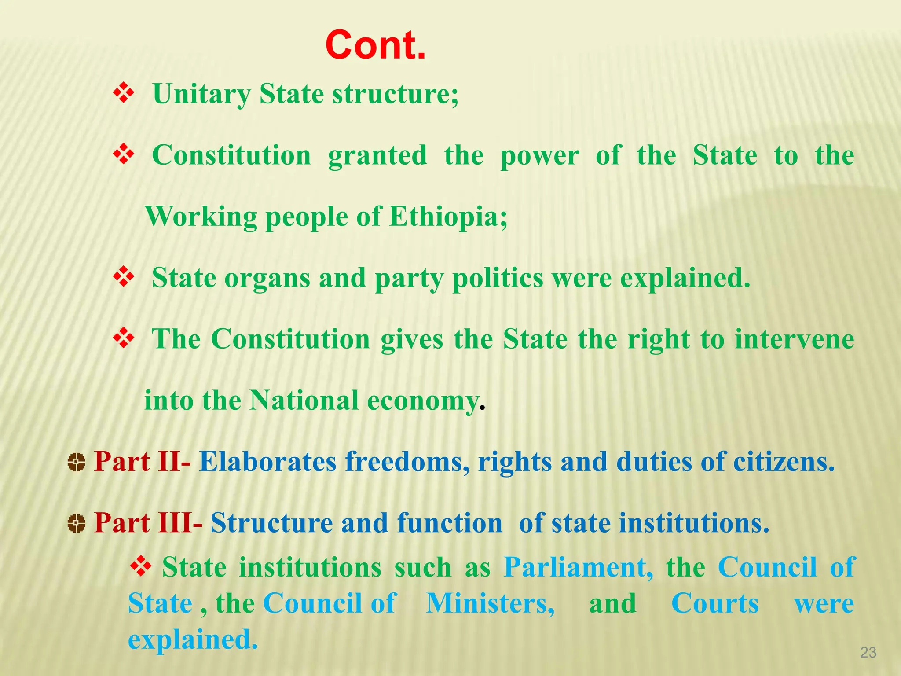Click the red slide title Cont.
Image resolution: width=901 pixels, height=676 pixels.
click(375, 45)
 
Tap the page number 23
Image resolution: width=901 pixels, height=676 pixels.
click(868, 652)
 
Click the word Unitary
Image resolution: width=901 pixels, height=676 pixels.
click(201, 94)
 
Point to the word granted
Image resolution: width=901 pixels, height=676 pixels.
click(377, 156)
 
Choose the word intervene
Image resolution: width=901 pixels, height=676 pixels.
click(794, 339)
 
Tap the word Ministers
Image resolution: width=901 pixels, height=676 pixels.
click(490, 603)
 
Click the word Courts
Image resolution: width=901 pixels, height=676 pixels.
click(715, 603)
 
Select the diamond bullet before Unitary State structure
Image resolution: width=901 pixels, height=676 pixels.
click(124, 93)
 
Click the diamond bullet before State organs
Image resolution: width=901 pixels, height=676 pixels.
click(124, 277)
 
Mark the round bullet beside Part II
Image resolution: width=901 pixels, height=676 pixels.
click(77, 463)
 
